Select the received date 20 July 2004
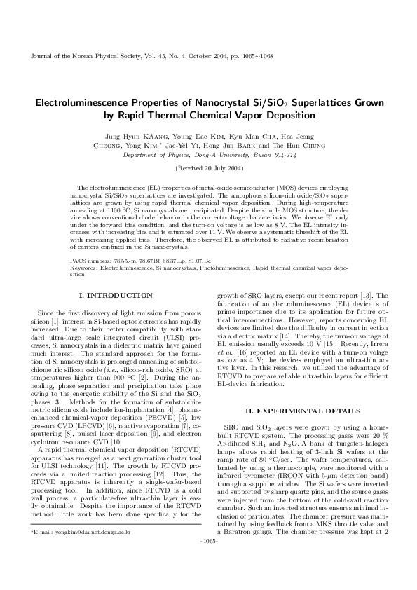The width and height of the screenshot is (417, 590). click(x=214, y=170)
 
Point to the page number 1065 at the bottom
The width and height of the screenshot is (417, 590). click(x=208, y=561)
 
